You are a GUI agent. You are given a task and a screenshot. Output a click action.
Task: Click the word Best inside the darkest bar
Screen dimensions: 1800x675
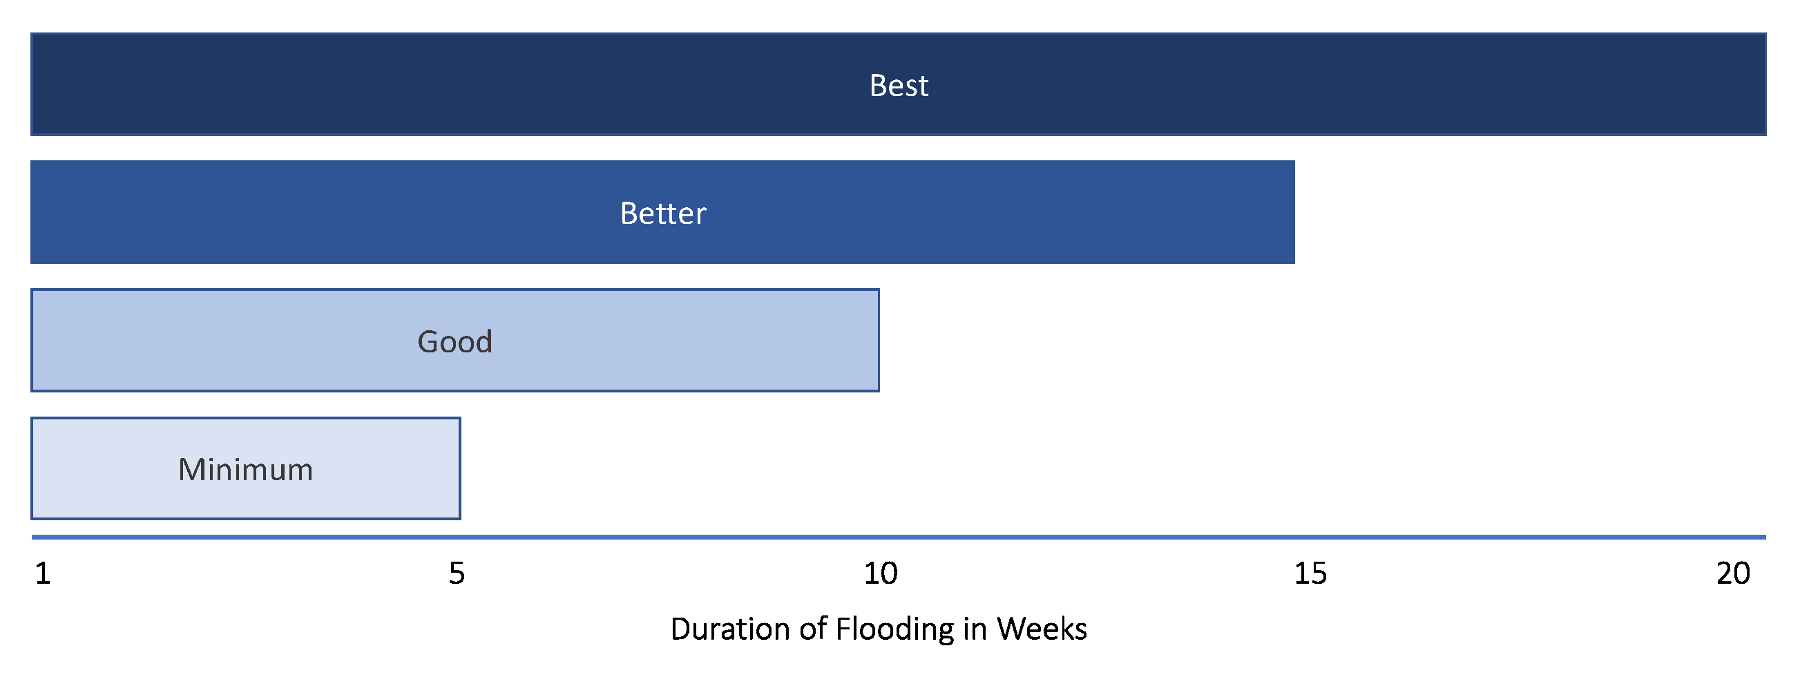pyautogui.click(x=899, y=85)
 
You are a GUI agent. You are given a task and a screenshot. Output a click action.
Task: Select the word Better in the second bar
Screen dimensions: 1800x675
pyautogui.click(x=663, y=213)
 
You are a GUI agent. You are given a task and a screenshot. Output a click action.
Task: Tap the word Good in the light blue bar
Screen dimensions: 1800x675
pyautogui.click(x=455, y=342)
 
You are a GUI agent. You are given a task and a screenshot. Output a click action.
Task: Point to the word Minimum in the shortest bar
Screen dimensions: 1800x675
pyautogui.click(x=245, y=470)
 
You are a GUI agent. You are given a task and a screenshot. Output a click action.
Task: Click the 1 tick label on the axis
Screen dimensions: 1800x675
pyautogui.click(x=43, y=573)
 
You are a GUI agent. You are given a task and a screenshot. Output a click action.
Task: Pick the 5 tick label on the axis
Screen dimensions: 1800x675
pyautogui.click(x=457, y=573)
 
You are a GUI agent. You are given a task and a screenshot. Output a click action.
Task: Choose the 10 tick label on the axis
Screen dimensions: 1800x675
pyautogui.click(x=881, y=573)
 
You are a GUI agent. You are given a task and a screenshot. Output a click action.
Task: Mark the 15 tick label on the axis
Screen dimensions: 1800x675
pyautogui.click(x=1310, y=573)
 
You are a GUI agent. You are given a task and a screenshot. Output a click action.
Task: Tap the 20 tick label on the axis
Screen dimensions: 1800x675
pyautogui.click(x=1733, y=573)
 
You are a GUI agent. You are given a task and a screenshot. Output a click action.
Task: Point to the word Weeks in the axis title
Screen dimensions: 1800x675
pyautogui.click(x=1042, y=629)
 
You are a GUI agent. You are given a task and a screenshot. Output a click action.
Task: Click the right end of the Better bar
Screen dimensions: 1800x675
pyautogui.click(x=1294, y=212)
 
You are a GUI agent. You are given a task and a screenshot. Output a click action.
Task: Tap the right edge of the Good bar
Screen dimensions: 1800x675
pyautogui.click(x=879, y=341)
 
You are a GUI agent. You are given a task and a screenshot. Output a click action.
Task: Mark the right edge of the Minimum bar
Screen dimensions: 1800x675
pyautogui.click(x=460, y=468)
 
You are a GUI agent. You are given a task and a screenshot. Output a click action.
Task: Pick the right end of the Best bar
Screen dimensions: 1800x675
pyautogui.click(x=1765, y=84)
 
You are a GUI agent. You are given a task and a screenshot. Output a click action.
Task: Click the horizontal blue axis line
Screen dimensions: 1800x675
pyautogui.click(x=899, y=538)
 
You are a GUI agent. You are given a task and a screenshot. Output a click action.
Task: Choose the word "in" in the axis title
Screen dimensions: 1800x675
pyautogui.click(x=975, y=629)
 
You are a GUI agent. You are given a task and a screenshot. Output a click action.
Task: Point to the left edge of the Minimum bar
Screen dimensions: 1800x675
pyautogui.click(x=32, y=468)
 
